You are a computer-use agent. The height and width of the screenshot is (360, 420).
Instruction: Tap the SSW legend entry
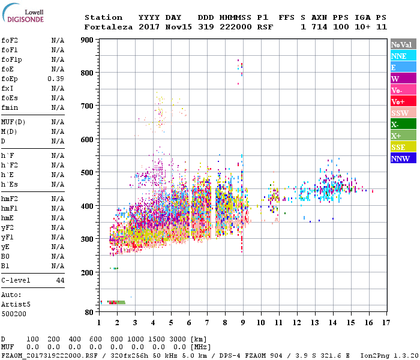pos(399,113)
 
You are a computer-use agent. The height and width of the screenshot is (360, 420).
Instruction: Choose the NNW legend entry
pos(400,158)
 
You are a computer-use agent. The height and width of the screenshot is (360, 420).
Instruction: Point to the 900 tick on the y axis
pos(87,40)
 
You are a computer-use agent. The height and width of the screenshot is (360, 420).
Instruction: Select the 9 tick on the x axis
pos(243,322)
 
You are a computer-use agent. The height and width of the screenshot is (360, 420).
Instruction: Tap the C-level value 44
pos(60,280)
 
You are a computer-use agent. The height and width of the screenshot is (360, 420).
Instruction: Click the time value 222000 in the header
pos(235,27)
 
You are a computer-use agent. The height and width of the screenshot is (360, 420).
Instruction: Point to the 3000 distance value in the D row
pos(178,340)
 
